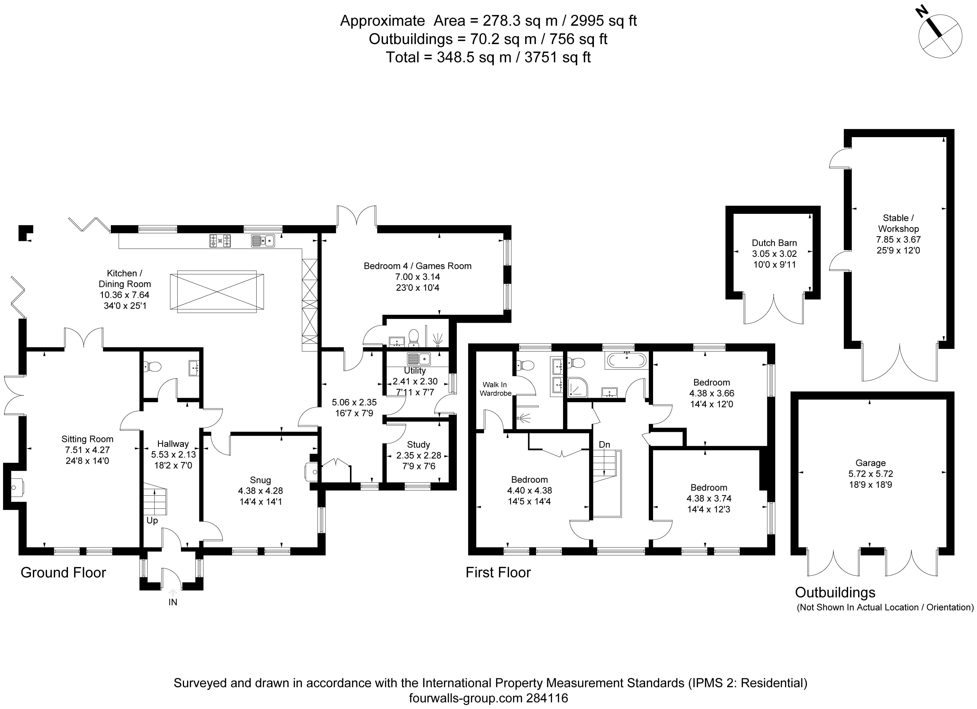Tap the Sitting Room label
88,439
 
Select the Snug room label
260,480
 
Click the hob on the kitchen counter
220,240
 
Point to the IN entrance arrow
173,594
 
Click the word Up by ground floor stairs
152,520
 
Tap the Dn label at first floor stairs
604,445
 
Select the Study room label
418,445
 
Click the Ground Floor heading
63,572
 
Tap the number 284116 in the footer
547,698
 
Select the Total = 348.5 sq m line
488,57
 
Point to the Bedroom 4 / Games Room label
417,266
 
